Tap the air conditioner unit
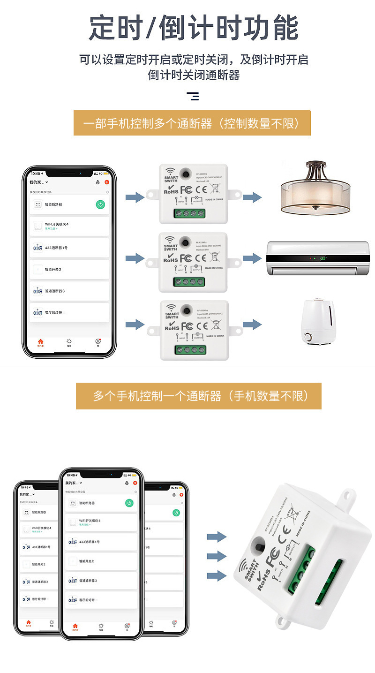[x=318, y=258]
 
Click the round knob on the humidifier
[x=308, y=337]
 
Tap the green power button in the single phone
[x=100, y=204]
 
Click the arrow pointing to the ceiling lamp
[x=252, y=197]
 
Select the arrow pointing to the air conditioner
[x=252, y=258]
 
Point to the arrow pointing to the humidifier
[x=252, y=324]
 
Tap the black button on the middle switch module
[x=186, y=242]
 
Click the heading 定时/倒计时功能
[x=193, y=28]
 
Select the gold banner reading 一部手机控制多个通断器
[x=192, y=123]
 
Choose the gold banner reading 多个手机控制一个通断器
[x=199, y=396]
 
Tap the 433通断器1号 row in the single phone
[x=70, y=248]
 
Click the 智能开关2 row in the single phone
[x=70, y=269]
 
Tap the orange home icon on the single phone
[x=41, y=342]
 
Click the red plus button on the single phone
[x=106, y=182]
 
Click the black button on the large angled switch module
[x=258, y=546]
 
